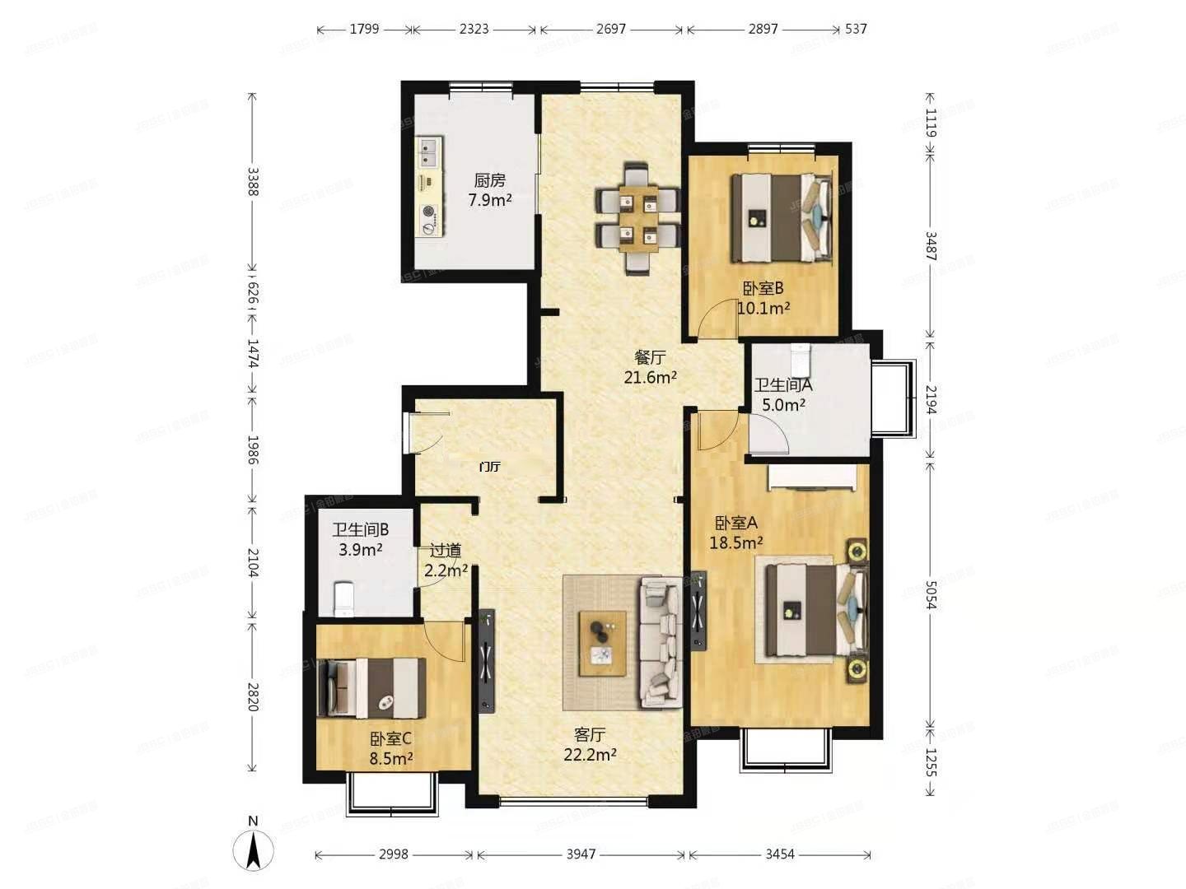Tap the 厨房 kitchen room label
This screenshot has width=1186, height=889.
coord(489,180)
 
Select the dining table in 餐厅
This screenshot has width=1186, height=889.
coord(638,217)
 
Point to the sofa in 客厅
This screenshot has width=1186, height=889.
coord(661,642)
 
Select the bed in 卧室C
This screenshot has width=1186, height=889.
coord(372,688)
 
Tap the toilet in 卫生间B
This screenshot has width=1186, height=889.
coord(343,598)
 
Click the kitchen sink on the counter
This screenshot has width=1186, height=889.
coord(428,150)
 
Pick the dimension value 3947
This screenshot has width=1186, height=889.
coord(581,854)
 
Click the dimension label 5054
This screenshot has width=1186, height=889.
coord(931,594)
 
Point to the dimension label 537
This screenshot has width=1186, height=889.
coord(856,29)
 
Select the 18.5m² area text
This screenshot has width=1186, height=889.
coord(735,542)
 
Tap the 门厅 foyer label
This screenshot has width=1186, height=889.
coord(490,467)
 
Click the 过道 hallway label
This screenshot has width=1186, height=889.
coord(446,550)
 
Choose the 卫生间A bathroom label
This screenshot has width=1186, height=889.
coord(783,384)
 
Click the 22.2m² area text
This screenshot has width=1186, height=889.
coord(590,754)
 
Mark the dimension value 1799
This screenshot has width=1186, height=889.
coord(364,29)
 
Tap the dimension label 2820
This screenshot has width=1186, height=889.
coord(253,696)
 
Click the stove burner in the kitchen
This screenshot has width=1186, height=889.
coord(428,211)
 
